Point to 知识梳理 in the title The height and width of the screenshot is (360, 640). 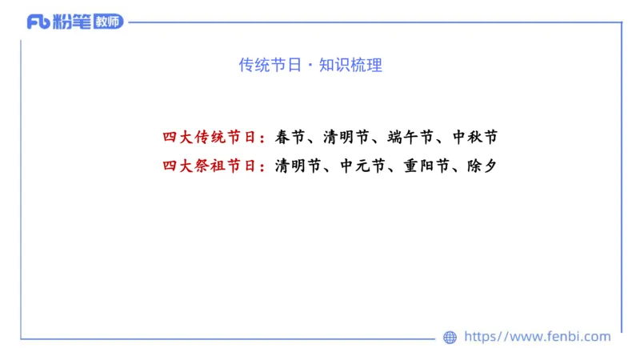[350, 66]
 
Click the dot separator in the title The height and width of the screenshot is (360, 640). [310, 66]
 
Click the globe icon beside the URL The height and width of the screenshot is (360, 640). [450, 338]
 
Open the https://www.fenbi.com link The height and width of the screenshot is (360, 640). [537, 337]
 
